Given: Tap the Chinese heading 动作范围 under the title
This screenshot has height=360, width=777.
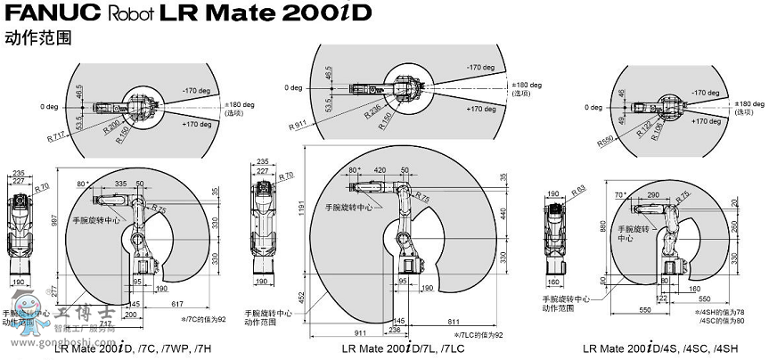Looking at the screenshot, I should click(x=37, y=38).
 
